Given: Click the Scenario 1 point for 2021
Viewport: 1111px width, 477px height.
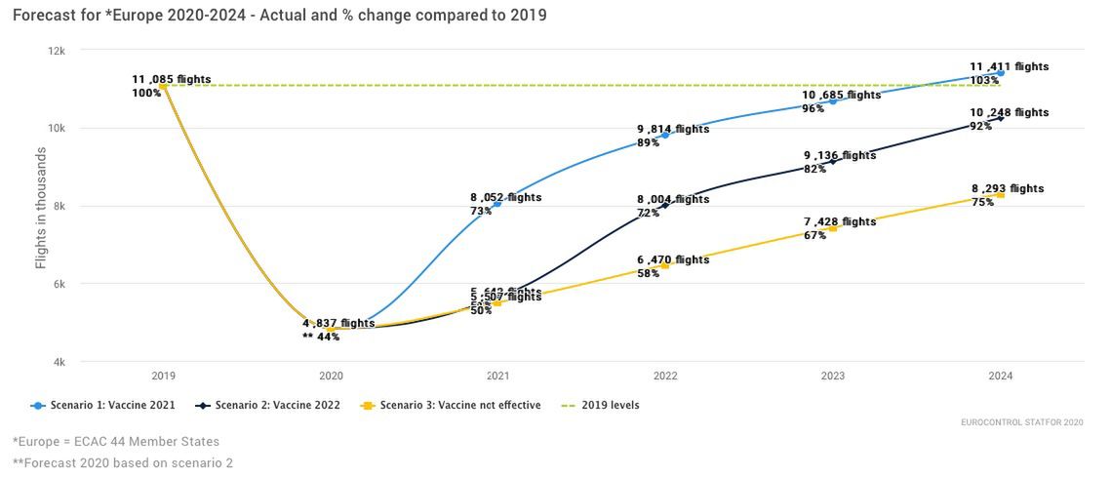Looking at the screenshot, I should tap(497, 204).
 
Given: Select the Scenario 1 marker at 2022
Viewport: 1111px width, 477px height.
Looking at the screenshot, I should tap(665, 136).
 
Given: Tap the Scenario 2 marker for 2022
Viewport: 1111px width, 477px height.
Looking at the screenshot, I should tap(665, 206).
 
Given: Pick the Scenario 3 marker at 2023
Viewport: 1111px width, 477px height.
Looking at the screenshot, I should tap(833, 228).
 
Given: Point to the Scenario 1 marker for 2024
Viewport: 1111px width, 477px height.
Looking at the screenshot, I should tap(1001, 73).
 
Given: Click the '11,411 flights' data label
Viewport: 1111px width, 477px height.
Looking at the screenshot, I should tap(1009, 66).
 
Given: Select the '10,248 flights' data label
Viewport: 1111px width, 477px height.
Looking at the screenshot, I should tap(1009, 112).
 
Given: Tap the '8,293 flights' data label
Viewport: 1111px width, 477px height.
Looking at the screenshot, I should tap(1007, 188).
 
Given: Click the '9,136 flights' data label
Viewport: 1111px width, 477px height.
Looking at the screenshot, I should tap(840, 155).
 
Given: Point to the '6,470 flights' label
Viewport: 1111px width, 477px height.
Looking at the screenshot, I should tap(673, 259).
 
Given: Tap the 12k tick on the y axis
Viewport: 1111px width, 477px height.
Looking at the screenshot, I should tap(58, 51).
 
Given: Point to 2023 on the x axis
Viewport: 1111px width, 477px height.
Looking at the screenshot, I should tap(833, 376).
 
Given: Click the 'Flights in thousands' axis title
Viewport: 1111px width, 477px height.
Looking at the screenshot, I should tap(41, 208).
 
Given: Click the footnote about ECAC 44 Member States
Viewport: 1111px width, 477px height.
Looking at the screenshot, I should tap(116, 442).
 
